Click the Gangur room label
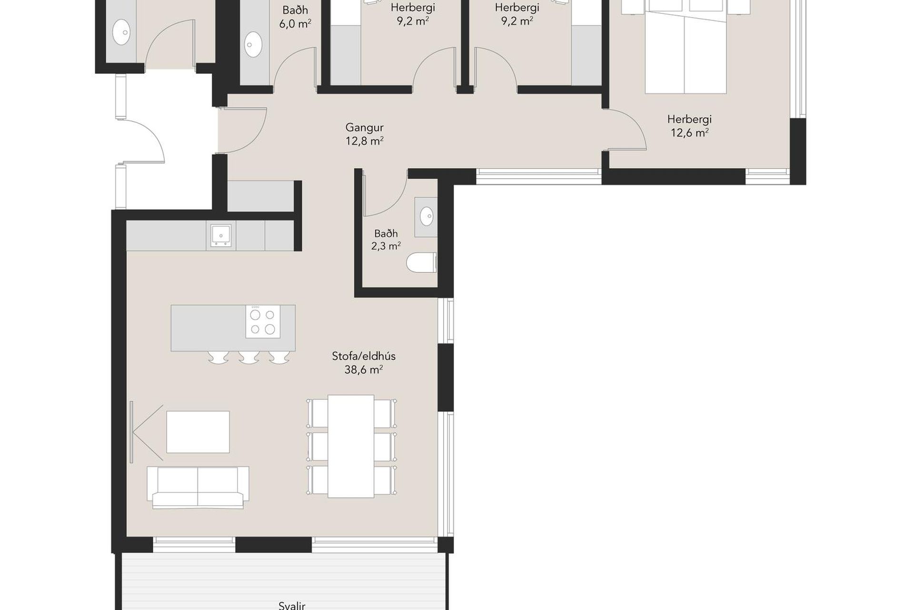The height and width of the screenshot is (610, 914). click(364, 128)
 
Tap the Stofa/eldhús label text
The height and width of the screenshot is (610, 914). click(364, 356)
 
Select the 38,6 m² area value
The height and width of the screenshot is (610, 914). click(364, 370)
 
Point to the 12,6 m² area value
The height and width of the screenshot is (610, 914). click(689, 133)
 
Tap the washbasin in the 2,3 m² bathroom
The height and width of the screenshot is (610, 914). click(426, 217)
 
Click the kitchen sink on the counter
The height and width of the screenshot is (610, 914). click(220, 235)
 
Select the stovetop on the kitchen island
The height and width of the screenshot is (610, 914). click(263, 322)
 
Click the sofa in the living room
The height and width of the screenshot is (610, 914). click(198, 488)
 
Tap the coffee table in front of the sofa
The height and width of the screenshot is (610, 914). click(198, 432)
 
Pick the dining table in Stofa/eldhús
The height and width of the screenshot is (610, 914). click(351, 446)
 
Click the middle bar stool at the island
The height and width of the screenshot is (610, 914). click(249, 357)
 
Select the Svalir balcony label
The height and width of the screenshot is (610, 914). click(291, 605)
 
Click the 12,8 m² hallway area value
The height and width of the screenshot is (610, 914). click(364, 141)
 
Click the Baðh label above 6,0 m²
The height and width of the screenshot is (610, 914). click(295, 10)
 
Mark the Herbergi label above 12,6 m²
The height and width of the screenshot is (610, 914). click(689, 119)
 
